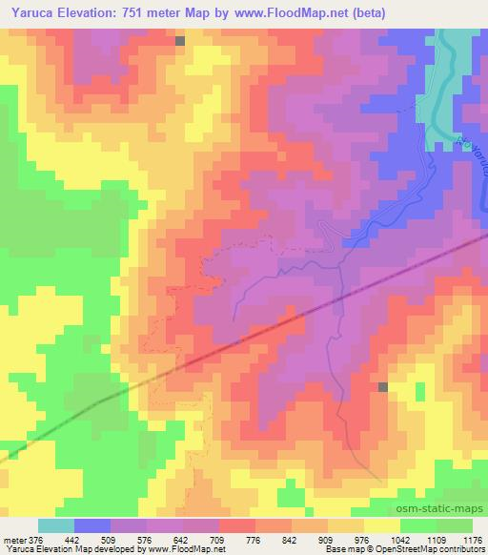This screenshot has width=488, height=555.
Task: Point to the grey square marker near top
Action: click(180, 40)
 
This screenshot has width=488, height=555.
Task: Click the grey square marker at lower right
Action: click(383, 386)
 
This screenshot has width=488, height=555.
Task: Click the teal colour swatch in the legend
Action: click(56, 525)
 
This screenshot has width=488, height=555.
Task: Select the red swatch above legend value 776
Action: click(237, 525)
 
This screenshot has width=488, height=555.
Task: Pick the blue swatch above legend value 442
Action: click(92, 525)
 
